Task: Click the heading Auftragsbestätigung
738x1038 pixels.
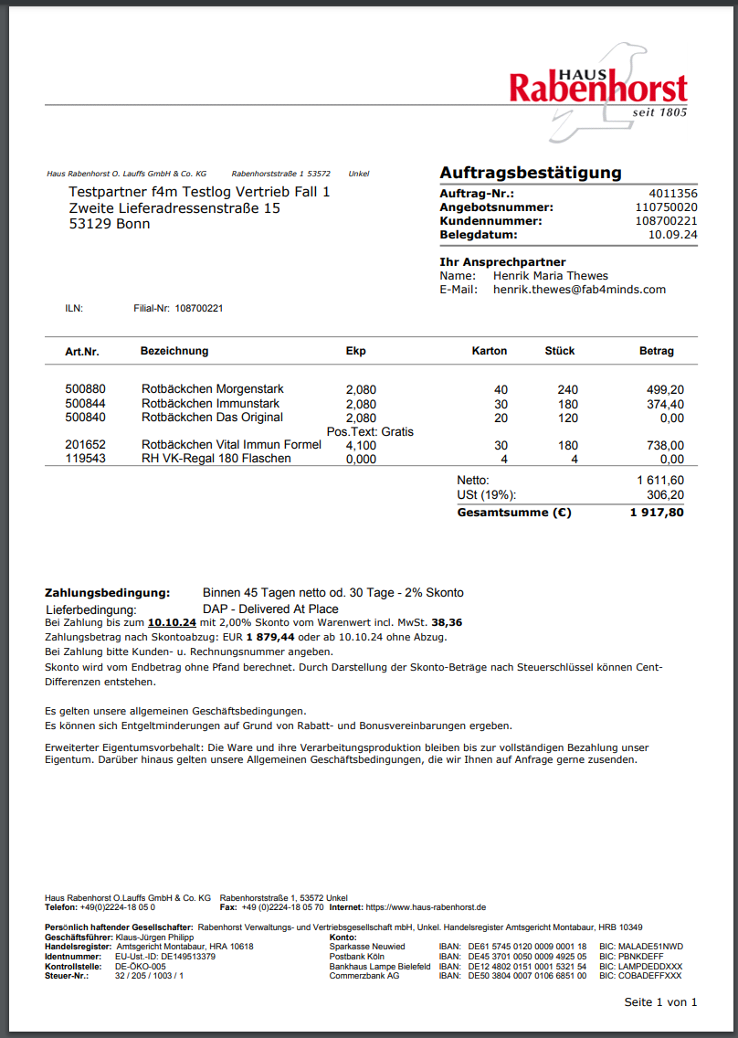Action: click(530, 173)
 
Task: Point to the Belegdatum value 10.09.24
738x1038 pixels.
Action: click(672, 235)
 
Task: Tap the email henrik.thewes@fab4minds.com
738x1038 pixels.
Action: click(579, 290)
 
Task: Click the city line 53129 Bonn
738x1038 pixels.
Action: click(110, 225)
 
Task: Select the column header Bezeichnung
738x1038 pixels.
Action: click(174, 351)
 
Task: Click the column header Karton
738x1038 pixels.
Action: click(489, 351)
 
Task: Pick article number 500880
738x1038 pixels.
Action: click(85, 390)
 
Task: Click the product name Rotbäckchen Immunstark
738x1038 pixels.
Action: click(210, 404)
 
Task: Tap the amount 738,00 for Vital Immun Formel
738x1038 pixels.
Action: click(665, 445)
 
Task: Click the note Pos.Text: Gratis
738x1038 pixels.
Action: click(370, 431)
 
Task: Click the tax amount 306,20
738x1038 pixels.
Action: click(665, 494)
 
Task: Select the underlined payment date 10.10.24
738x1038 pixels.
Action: click(173, 622)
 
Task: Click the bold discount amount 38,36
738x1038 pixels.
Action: click(447, 622)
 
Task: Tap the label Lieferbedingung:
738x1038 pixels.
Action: click(91, 609)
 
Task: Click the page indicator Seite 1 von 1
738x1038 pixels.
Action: click(660, 1002)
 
